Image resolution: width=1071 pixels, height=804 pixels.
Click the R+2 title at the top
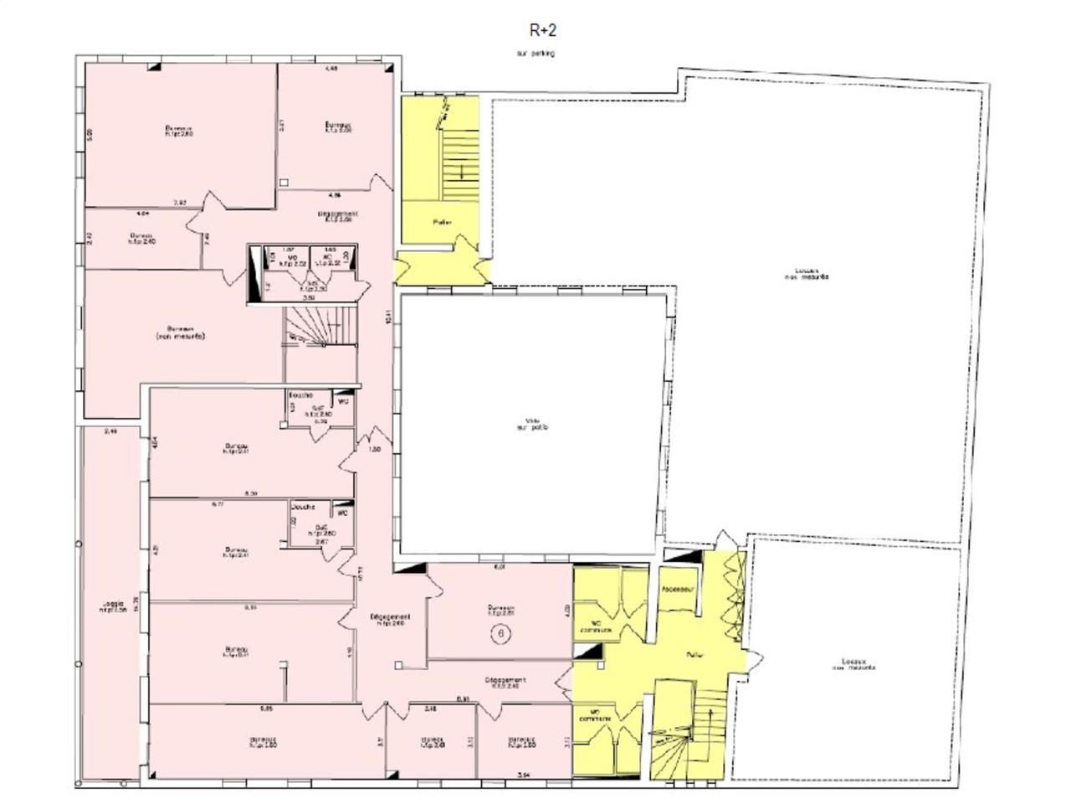coord(542,30)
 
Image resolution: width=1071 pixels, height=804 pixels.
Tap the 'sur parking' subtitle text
coord(535,54)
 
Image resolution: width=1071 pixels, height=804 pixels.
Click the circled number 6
coord(501,634)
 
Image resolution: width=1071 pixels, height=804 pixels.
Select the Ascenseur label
coord(678,590)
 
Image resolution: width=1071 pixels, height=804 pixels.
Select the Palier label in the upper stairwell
coord(442,223)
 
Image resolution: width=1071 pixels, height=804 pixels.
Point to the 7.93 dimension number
coord(179,203)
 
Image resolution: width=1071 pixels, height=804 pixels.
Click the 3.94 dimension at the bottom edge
coord(523,775)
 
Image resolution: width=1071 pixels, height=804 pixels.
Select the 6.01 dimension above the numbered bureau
coord(500,568)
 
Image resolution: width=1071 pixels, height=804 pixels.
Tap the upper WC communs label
coord(599,626)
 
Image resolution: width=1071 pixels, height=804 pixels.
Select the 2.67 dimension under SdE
coord(320,543)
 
